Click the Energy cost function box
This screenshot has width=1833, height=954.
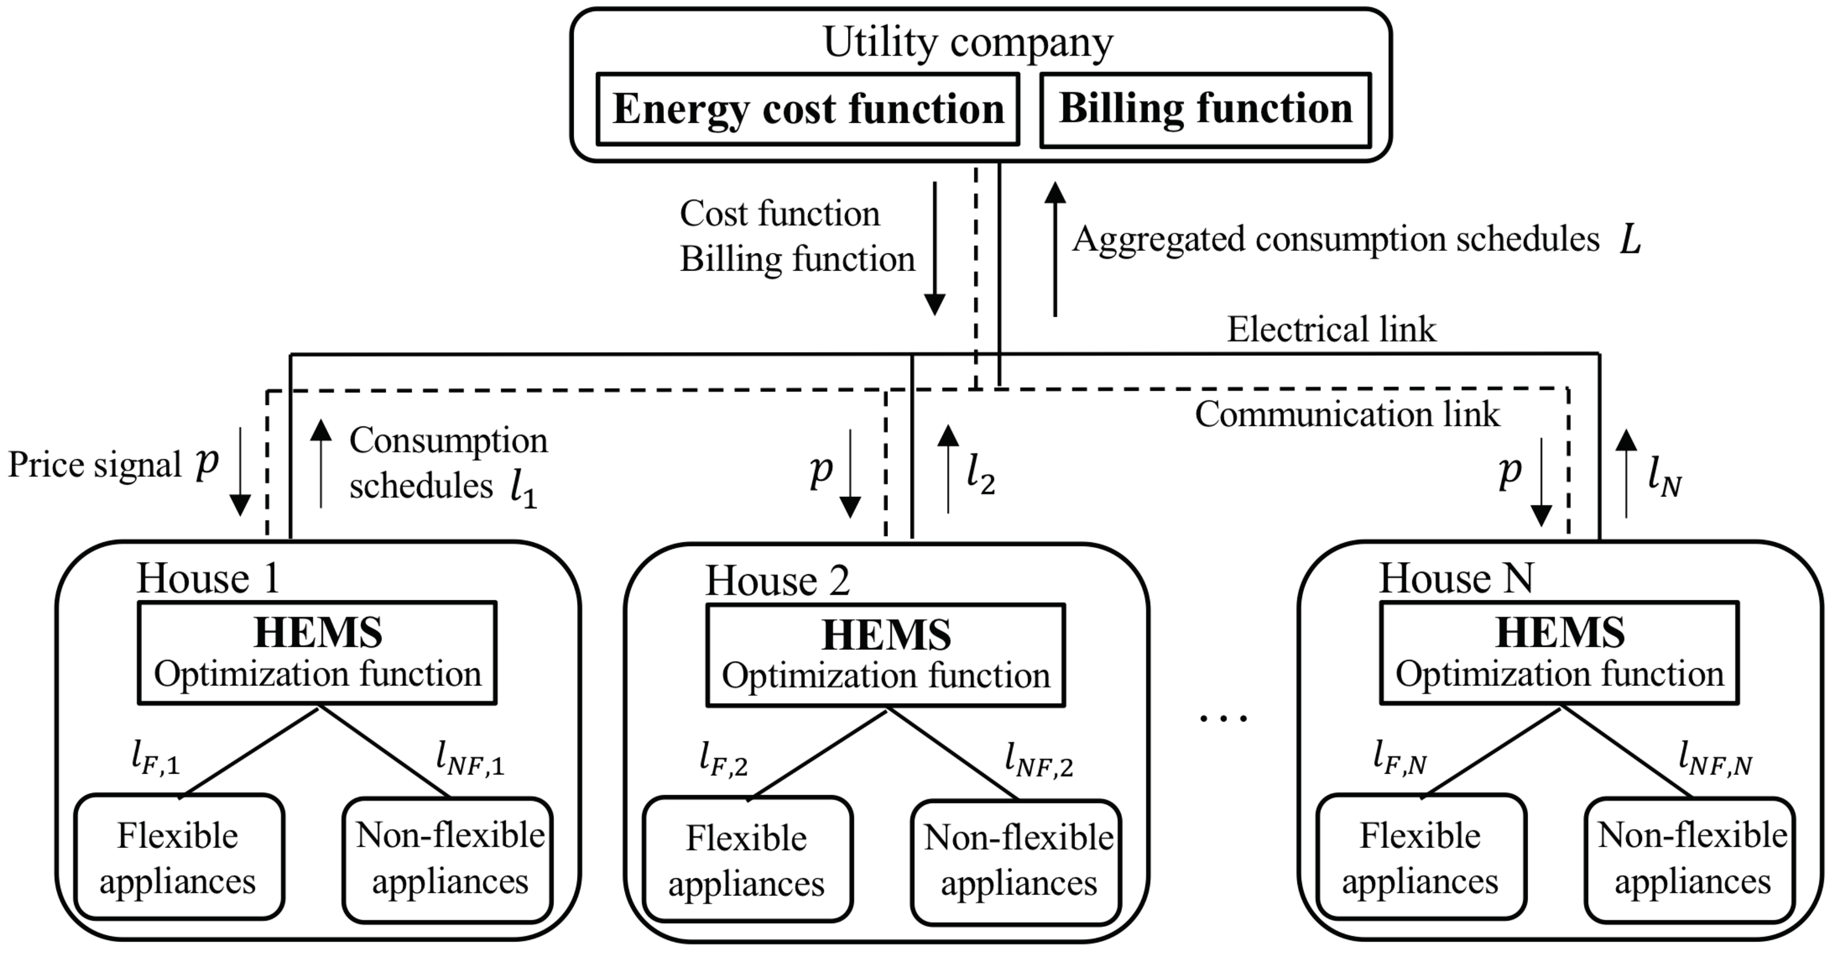pyautogui.click(x=808, y=109)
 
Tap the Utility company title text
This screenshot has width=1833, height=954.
pyautogui.click(x=968, y=43)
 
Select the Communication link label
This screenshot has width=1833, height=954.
pyautogui.click(x=1346, y=415)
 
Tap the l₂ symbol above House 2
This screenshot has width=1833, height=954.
pyautogui.click(x=980, y=475)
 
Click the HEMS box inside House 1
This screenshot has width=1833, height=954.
pyautogui.click(x=317, y=653)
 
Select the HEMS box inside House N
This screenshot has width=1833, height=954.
pyautogui.click(x=1559, y=653)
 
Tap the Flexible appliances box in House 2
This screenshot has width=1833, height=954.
pyautogui.click(x=747, y=860)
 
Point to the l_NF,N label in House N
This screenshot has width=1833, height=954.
pyautogui.click(x=1715, y=760)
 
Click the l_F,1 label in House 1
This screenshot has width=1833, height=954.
pyautogui.click(x=156, y=759)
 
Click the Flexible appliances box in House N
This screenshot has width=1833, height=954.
pyautogui.click(x=1420, y=858)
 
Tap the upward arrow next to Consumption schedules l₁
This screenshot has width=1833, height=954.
pyautogui.click(x=322, y=463)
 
